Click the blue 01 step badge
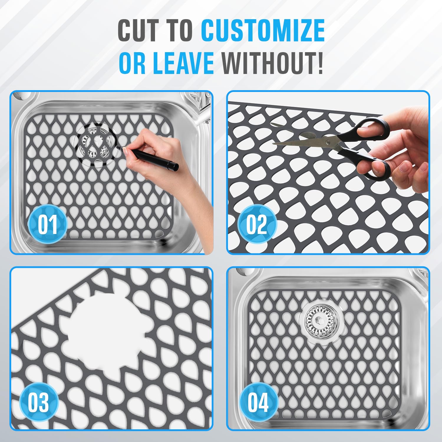coord(47,224)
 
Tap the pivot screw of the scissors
coord(328,143)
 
